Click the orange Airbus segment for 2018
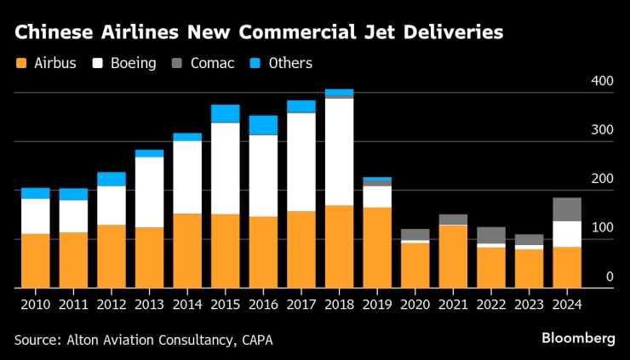340,247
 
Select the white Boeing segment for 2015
226,169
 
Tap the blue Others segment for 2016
263,125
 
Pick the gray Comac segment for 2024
568,209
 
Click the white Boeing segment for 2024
568,234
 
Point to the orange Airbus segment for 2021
454,257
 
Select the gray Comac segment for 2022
491,235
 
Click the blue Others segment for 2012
112,179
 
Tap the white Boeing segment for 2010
36,216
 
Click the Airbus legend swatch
21,64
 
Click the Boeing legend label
133,64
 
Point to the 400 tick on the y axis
602,82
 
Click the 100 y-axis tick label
602,228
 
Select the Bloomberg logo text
578,339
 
